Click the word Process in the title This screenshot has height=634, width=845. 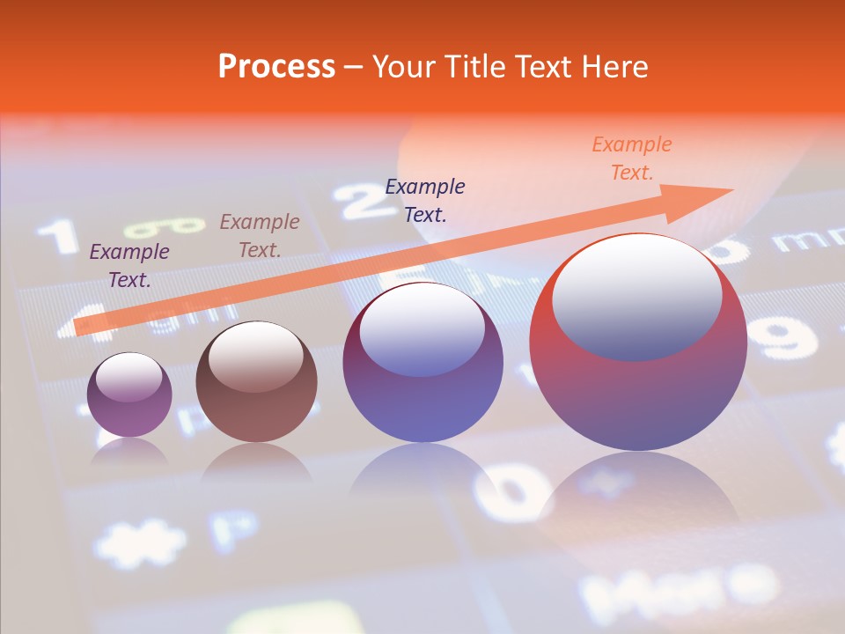(276, 66)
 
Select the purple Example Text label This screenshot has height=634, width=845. (129, 266)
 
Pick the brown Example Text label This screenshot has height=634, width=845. (260, 236)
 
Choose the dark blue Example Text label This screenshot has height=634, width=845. (425, 200)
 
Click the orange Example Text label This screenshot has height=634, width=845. (631, 158)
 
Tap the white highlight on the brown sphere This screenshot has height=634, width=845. (255, 357)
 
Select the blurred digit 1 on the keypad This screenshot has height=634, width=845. (59, 236)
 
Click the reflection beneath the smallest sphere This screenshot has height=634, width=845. (129, 453)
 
